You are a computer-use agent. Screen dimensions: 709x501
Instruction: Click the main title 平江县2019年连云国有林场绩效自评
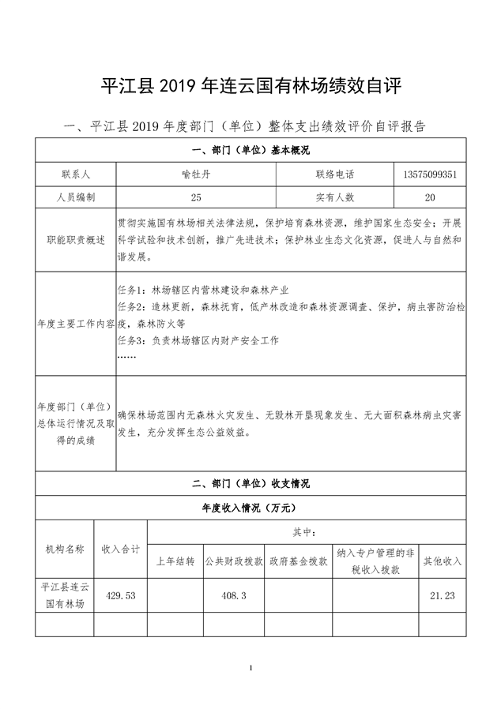[250, 86]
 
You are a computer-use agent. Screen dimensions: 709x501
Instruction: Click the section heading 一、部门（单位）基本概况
[250, 150]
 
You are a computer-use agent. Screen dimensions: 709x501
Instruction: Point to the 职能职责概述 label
[76, 239]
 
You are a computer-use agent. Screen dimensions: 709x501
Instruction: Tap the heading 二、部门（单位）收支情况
[250, 483]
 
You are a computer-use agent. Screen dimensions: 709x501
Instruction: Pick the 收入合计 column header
[121, 549]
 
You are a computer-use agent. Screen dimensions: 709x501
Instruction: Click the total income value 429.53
[121, 595]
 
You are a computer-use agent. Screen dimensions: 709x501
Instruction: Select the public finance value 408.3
[234, 595]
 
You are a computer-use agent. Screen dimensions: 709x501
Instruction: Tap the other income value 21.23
[443, 595]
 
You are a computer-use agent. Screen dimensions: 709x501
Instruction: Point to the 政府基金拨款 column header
[298, 561]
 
